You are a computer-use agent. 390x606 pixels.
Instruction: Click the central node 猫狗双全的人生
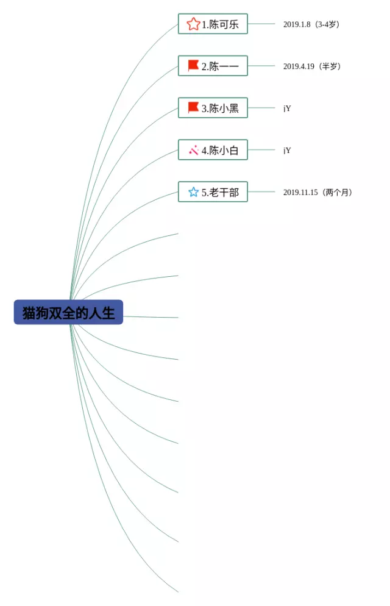(68, 313)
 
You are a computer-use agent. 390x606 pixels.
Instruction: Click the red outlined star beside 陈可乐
(193, 24)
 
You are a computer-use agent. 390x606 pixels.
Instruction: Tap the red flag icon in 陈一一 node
(193, 65)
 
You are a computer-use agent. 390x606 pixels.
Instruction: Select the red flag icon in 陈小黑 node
(193, 107)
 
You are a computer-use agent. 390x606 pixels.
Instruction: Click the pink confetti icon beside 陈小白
(194, 149)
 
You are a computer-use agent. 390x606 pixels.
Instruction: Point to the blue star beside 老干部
(193, 192)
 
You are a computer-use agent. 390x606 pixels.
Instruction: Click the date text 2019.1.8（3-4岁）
(311, 24)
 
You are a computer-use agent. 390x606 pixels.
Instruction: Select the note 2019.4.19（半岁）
(311, 66)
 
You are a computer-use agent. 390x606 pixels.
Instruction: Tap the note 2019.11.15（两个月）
(317, 192)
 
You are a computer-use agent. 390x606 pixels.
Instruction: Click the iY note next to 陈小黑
(287, 108)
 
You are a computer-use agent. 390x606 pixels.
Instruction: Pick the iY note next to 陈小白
(287, 150)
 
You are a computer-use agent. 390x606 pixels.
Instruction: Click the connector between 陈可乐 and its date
(261, 24)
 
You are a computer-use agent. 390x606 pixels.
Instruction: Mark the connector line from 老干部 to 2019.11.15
(261, 191)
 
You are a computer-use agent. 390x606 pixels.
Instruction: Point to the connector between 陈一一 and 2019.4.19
(261, 65)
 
